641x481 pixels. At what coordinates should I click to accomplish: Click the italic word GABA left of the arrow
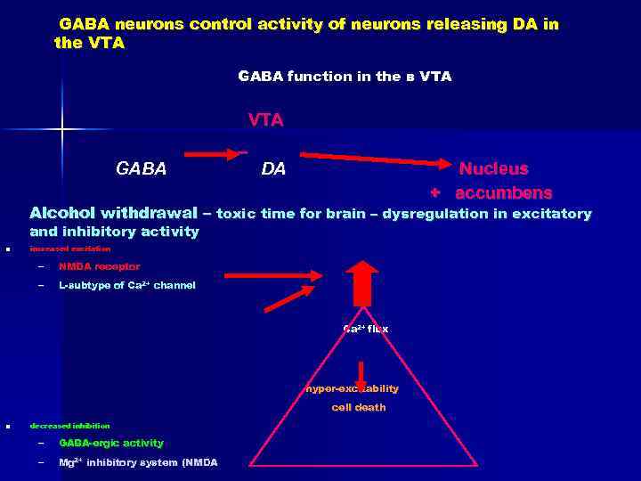(x=142, y=168)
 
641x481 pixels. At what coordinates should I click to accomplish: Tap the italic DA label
(x=273, y=168)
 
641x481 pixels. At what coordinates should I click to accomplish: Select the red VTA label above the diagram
(x=265, y=120)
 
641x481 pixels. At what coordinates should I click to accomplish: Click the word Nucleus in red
(x=493, y=168)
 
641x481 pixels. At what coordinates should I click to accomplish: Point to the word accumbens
(x=504, y=192)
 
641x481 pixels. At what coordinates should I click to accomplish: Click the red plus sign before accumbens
(x=435, y=192)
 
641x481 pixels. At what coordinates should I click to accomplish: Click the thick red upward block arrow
(x=362, y=283)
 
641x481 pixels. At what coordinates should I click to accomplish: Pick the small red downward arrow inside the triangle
(x=362, y=373)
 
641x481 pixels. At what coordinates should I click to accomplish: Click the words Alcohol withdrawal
(x=113, y=214)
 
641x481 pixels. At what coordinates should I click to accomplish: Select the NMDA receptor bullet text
(x=99, y=266)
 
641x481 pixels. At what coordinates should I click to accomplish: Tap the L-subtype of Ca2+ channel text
(x=126, y=286)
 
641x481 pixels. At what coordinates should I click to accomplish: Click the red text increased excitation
(x=70, y=249)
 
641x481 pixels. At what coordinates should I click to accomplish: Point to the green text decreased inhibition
(x=70, y=426)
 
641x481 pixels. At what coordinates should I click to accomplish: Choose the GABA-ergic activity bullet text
(x=111, y=443)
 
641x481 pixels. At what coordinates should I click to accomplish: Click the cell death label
(x=359, y=407)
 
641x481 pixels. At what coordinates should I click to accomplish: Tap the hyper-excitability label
(x=353, y=388)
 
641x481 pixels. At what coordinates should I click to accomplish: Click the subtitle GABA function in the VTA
(x=345, y=77)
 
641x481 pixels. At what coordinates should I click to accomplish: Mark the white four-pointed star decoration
(x=63, y=130)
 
